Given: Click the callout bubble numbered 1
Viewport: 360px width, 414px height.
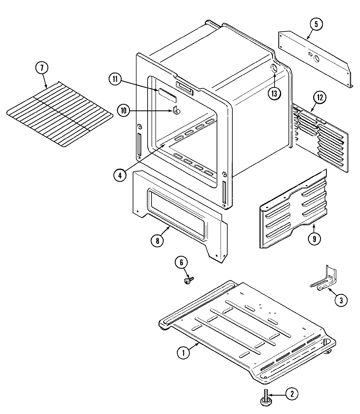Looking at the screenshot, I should pos(184,353).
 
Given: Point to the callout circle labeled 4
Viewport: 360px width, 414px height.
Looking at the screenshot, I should pos(120,175).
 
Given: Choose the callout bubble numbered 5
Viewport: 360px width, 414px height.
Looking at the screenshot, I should pos(316,24).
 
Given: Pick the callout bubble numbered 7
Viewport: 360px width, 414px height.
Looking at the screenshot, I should pos(42,68).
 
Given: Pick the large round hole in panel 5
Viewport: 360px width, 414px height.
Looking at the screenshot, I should pos(316,59).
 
